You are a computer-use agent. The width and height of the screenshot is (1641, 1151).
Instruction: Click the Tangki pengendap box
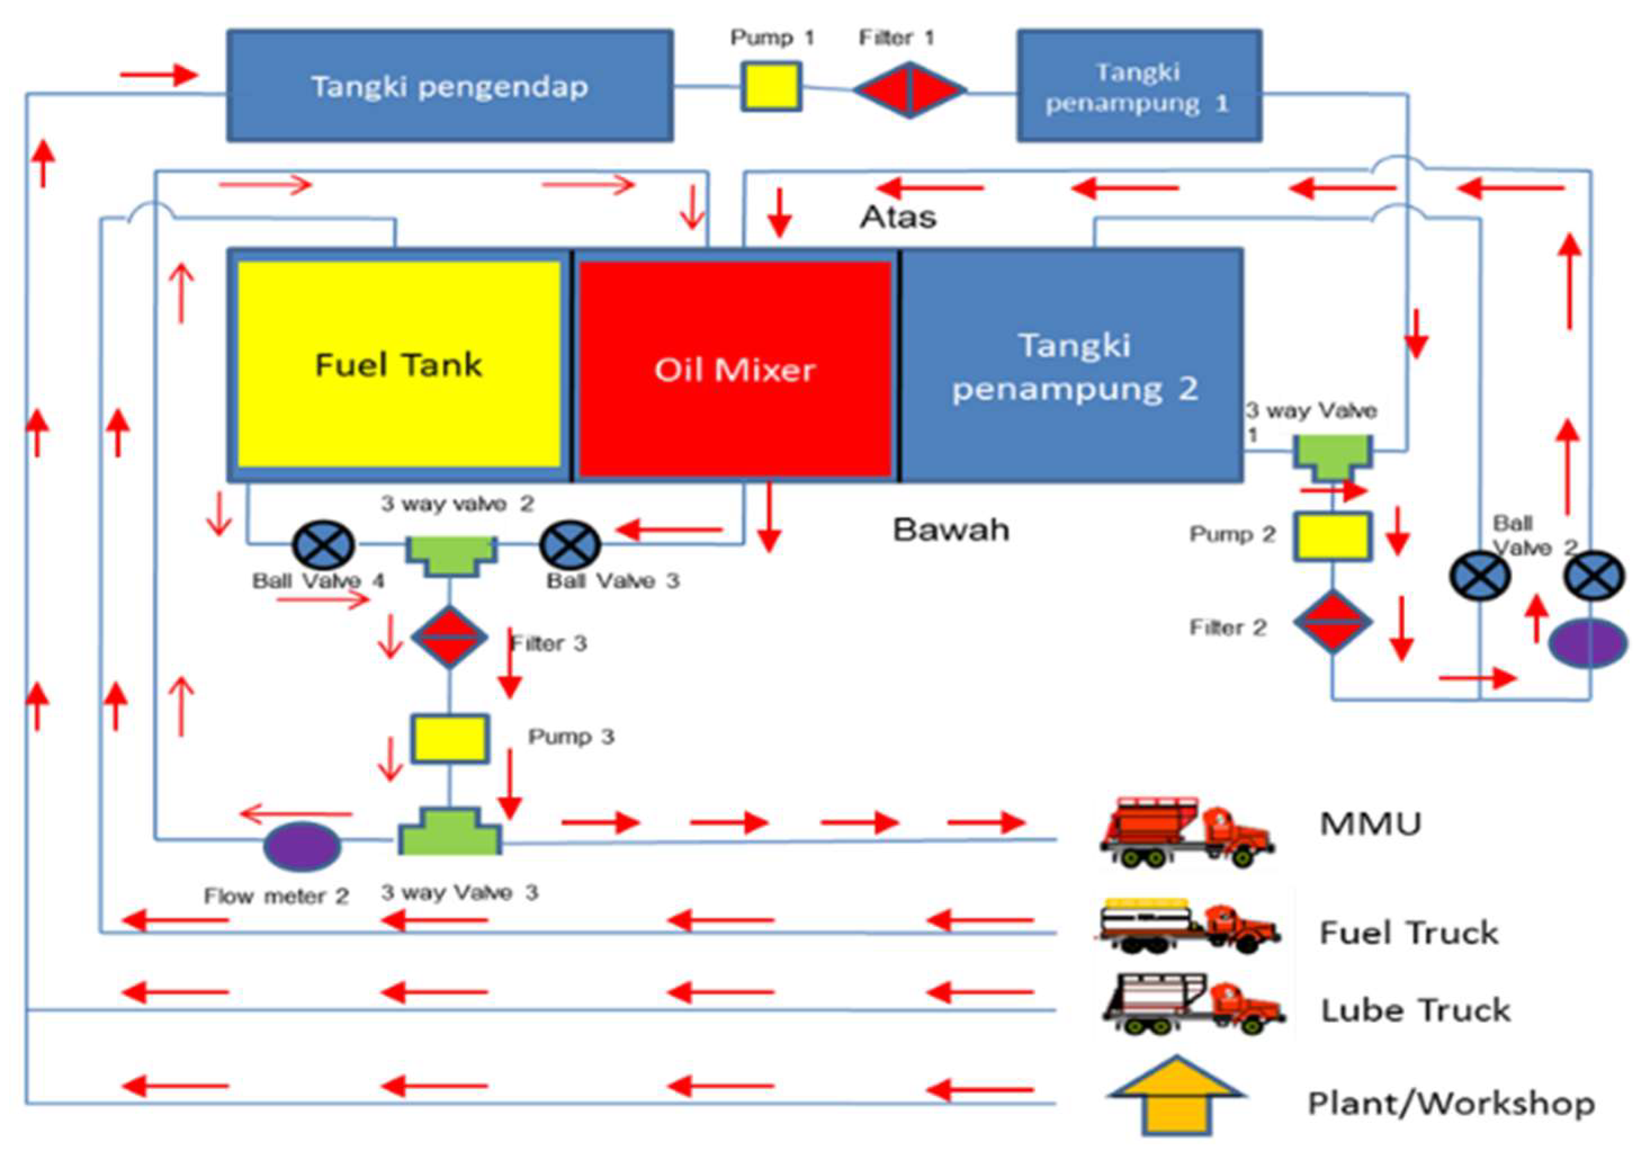click(x=449, y=86)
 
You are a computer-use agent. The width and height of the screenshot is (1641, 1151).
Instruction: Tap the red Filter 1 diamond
click(x=909, y=90)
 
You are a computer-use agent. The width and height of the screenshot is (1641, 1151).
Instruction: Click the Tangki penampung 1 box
click(x=1139, y=86)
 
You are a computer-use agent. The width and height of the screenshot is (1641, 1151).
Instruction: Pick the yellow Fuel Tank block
click(x=399, y=365)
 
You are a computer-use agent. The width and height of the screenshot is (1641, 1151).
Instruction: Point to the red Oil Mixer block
click(x=735, y=369)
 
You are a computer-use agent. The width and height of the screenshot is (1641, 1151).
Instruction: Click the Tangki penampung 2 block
click(x=1072, y=366)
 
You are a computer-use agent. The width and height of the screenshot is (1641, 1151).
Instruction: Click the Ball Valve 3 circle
click(x=570, y=545)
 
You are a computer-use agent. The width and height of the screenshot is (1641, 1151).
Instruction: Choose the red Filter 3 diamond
click(x=449, y=636)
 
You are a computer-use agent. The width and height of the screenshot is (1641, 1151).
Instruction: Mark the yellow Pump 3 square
click(x=449, y=738)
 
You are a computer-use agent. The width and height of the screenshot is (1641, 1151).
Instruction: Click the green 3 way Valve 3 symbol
click(x=449, y=833)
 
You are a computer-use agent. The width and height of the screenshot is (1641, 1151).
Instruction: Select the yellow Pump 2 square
click(x=1332, y=536)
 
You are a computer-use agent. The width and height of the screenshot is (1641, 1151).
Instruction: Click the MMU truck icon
click(x=1186, y=833)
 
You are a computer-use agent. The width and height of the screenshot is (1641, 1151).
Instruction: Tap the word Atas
click(x=898, y=217)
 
